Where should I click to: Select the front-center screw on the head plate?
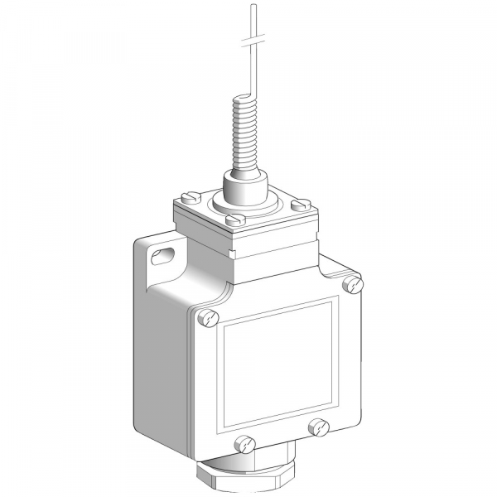click(236, 220)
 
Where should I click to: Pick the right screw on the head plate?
click(303, 203)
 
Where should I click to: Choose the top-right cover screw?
click(355, 284)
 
